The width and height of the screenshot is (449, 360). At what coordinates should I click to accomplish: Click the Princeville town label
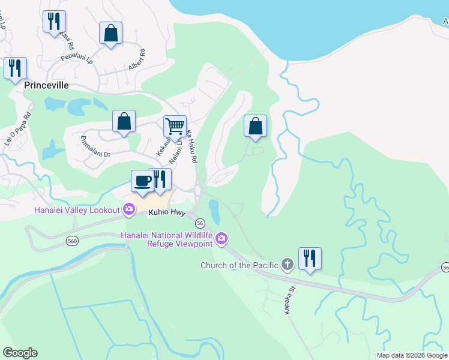47,85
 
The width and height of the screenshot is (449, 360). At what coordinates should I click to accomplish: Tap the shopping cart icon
175,127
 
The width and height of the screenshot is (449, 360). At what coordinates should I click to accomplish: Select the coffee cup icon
142,181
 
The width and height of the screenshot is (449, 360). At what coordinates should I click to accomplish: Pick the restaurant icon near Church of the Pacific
310,259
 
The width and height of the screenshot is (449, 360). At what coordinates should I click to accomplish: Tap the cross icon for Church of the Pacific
288,264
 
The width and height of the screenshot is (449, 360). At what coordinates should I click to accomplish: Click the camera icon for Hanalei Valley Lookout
128,209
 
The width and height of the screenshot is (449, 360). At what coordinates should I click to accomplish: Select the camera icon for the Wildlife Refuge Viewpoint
221,239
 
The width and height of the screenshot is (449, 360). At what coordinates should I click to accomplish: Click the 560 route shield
71,241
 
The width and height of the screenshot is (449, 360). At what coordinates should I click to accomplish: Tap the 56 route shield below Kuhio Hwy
200,223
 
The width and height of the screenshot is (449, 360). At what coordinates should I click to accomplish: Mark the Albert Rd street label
137,61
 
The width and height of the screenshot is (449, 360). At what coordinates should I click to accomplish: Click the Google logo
20,353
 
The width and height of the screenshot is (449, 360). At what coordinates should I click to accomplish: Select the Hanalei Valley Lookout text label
61,209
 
